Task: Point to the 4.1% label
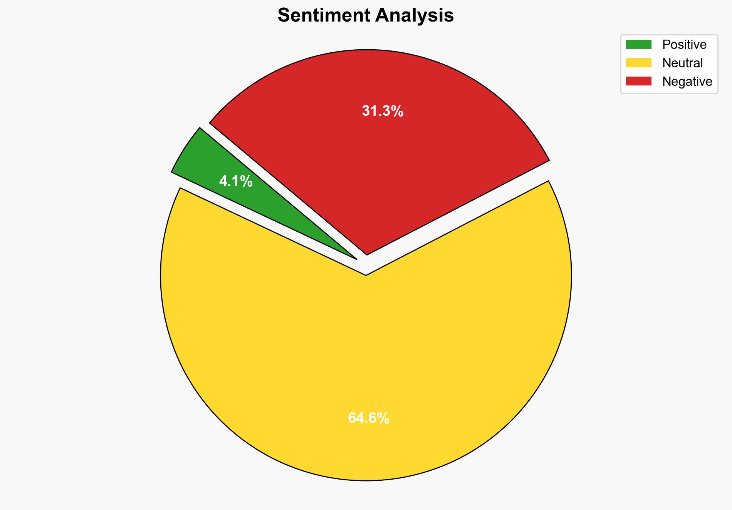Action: click(236, 181)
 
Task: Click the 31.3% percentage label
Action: click(383, 111)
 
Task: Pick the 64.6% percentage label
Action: click(369, 418)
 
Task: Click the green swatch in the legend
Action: click(638, 45)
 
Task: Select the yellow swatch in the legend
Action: click(638, 63)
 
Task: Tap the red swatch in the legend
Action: click(638, 81)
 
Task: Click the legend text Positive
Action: click(684, 45)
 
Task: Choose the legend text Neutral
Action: click(682, 63)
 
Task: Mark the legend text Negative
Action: click(687, 82)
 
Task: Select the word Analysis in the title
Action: click(415, 15)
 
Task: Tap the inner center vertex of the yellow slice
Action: click(366, 275)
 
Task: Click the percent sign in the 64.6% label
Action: click(384, 418)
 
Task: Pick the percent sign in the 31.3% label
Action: click(398, 111)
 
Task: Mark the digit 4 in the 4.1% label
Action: click(223, 181)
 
